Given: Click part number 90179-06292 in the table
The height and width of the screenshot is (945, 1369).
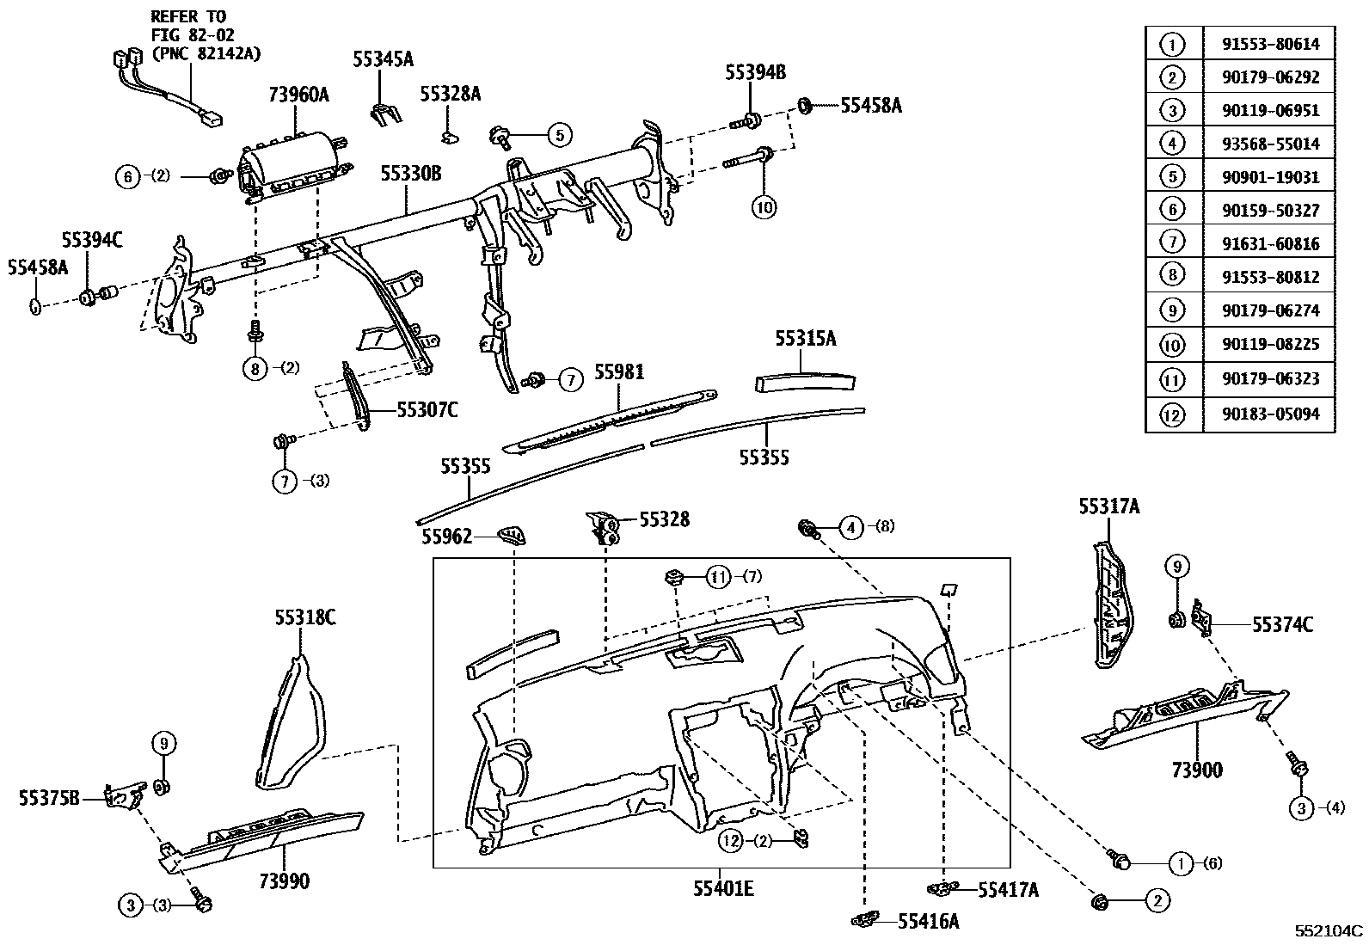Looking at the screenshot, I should tap(1270, 77).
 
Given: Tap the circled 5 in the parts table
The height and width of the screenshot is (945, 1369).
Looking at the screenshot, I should tap(1172, 178).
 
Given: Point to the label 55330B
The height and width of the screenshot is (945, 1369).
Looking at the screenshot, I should tap(411, 175).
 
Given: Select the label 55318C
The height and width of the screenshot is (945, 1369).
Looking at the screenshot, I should tap(305, 617).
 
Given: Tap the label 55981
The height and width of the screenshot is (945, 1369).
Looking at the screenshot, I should tap(618, 373).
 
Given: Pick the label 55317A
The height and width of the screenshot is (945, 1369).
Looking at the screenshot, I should tap(1109, 507).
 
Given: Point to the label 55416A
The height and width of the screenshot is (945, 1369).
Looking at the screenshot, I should tap(928, 922).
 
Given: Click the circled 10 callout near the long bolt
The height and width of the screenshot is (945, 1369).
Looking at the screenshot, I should tap(764, 206).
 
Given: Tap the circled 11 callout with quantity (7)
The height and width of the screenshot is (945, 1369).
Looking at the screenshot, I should tap(718, 576).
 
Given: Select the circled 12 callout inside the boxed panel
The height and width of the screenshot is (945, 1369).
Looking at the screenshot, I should tap(731, 842).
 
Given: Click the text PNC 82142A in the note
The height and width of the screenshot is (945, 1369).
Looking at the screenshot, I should tap(206, 53).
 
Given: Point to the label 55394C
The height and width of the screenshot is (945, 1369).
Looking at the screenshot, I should tap(91, 241).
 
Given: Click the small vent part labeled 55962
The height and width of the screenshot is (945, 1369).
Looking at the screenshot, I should tap(513, 537).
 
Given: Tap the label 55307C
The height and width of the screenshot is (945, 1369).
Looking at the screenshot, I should tap(427, 410).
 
